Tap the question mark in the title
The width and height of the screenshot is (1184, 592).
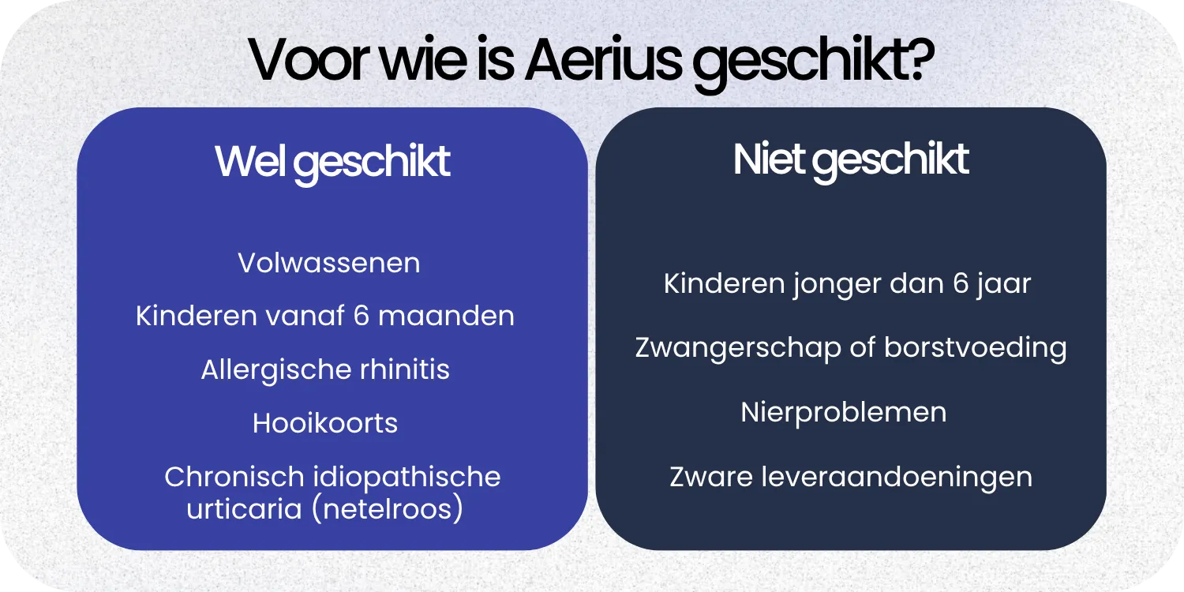tap(916, 60)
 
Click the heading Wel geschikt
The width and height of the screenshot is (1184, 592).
tap(332, 163)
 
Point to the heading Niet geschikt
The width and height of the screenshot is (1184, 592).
tap(850, 160)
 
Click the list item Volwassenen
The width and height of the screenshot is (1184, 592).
tap(329, 263)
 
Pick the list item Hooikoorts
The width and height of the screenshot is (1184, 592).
tap(325, 423)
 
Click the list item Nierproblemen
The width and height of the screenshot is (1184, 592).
tap(843, 412)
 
